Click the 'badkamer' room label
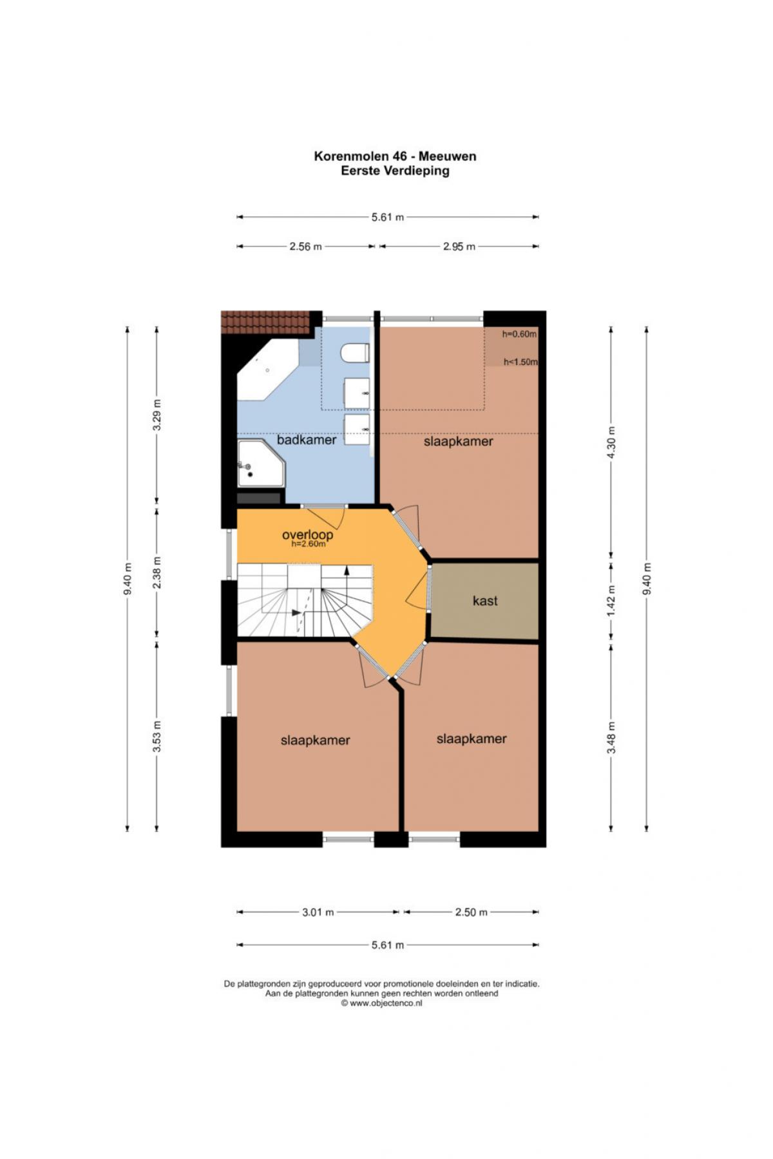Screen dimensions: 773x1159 point(307,440)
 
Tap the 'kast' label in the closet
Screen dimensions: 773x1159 point(485,601)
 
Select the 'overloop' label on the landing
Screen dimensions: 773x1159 point(308,534)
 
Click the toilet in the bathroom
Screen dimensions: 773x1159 point(355,353)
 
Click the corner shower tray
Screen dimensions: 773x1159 point(260,463)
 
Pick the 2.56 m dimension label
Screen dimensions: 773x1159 point(305,247)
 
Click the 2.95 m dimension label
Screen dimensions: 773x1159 point(459,247)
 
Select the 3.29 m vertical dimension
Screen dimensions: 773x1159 point(157,416)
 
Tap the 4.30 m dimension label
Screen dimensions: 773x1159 point(612,443)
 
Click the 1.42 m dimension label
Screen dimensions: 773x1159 point(612,599)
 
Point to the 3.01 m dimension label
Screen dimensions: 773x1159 point(318,912)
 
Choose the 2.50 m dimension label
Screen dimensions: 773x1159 point(472,912)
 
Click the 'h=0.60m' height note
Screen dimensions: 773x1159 point(519,334)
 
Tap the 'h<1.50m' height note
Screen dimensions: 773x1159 point(520,362)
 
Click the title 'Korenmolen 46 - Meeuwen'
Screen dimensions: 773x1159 point(396,156)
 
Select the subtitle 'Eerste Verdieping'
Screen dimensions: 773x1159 point(396,171)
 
